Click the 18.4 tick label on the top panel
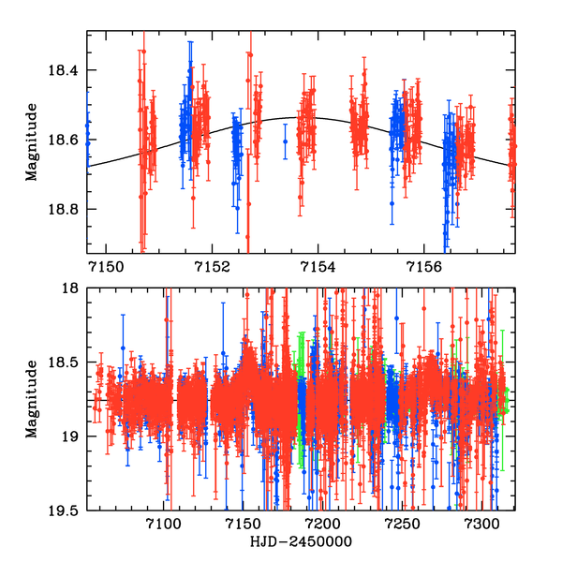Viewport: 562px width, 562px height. point(66,71)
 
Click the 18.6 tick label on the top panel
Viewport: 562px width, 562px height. point(66,140)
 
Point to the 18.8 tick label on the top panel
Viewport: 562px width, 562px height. point(66,210)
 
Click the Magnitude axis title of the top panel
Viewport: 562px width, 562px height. point(33,141)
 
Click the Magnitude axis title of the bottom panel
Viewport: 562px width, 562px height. point(33,399)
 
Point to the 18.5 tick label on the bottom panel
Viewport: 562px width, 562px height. point(66,362)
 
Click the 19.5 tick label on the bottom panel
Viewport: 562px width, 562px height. point(66,510)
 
